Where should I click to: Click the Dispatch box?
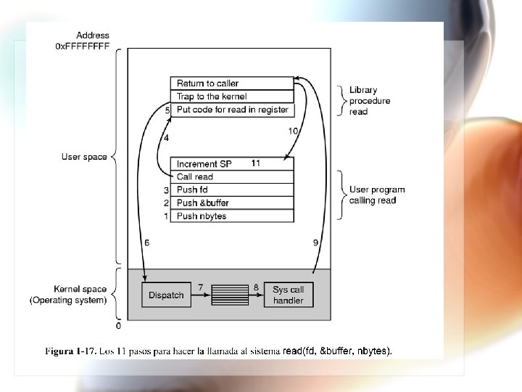[x=166, y=295]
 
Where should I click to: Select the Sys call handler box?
[x=288, y=295]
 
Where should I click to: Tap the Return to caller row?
[x=232, y=83]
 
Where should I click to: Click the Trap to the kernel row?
[x=232, y=97]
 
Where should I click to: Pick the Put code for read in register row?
[x=232, y=110]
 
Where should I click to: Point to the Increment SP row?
[x=232, y=164]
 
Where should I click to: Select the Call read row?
[x=232, y=177]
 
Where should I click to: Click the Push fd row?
[x=232, y=190]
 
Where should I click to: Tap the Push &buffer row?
[x=232, y=203]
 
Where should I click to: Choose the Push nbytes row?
[x=232, y=216]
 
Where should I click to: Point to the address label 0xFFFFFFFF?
[x=83, y=46]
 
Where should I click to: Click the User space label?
[x=84, y=157]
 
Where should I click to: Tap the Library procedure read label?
[x=369, y=101]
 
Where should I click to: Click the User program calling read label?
[x=377, y=195]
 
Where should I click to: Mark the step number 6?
[x=147, y=242]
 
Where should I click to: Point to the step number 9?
[x=315, y=242]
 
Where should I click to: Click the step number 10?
[x=292, y=131]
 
